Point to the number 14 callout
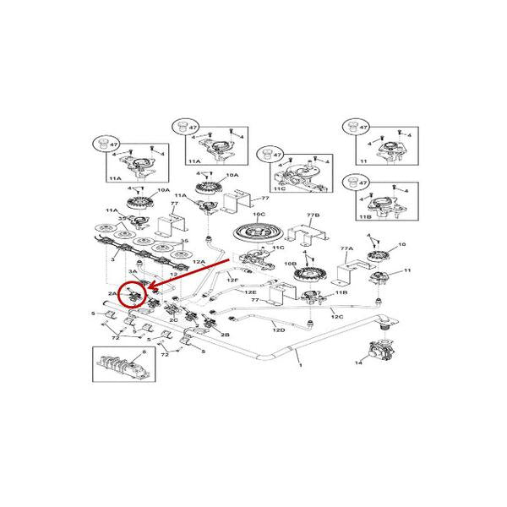(x=358, y=363)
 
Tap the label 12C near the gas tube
(x=336, y=316)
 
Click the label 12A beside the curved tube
(x=199, y=264)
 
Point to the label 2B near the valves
(x=225, y=335)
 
